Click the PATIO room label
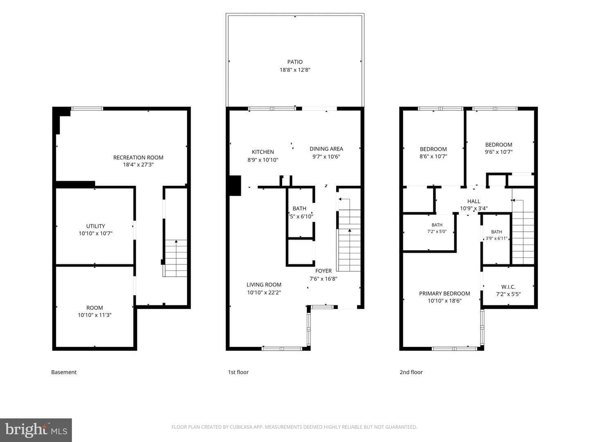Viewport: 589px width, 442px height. point(295,62)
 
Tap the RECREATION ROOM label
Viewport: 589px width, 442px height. point(138,158)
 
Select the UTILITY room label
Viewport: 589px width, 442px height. point(96,226)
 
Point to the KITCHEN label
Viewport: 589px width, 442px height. point(263,152)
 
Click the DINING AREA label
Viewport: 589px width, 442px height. point(326,149)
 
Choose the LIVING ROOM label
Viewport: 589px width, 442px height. point(264,285)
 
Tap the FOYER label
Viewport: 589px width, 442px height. point(324,271)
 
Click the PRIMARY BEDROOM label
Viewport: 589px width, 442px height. point(444,293)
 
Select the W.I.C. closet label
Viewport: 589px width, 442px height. point(508,287)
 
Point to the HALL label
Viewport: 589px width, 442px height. point(474,201)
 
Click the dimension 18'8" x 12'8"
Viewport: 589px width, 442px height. point(295,70)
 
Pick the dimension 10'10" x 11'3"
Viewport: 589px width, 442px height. point(94,315)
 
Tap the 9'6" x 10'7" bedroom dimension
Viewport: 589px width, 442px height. point(499,152)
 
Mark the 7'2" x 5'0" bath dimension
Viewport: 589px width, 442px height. point(437,231)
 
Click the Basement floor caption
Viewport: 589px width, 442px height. point(64,372)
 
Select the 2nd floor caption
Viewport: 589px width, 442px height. point(411,372)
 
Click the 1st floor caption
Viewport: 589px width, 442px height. point(238,372)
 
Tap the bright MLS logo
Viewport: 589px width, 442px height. point(36,430)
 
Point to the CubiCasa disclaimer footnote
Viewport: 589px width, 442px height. point(294,427)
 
